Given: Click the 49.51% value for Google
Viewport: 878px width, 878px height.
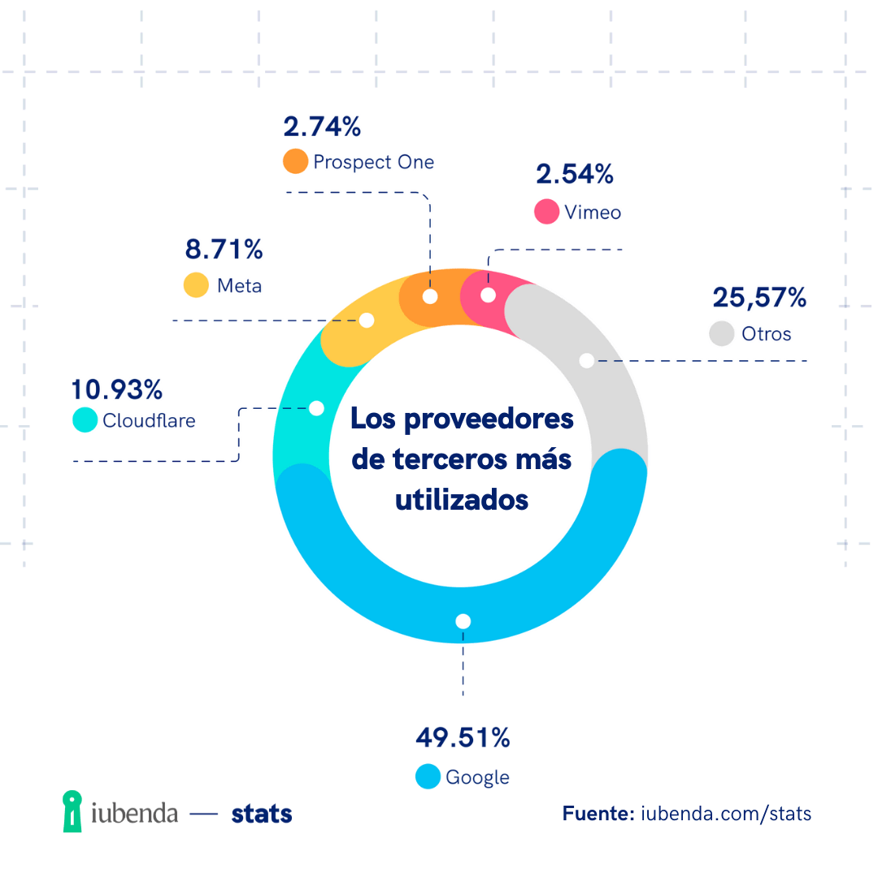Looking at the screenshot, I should point(463,738).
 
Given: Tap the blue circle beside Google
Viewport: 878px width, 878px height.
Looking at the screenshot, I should point(428,776).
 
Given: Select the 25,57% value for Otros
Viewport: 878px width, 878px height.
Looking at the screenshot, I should point(759,298).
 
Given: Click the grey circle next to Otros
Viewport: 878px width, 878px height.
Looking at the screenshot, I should point(721,333).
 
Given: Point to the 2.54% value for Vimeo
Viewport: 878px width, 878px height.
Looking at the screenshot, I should point(574,174).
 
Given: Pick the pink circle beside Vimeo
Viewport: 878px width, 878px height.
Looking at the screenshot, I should point(546,211).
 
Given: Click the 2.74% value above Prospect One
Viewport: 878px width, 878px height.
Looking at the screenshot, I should point(321,127).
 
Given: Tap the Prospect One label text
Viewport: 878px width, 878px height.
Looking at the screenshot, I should point(374,162).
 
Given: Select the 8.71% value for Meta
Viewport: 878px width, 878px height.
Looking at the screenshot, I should point(223,249).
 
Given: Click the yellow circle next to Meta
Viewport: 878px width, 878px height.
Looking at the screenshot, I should point(196,285).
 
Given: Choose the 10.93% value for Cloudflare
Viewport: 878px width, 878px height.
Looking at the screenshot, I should point(117,389).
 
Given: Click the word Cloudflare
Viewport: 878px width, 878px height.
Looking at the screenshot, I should point(149,420).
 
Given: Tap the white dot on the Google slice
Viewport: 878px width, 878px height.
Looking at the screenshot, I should point(463,621).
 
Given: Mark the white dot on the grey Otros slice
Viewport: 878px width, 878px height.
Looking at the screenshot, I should point(586,360).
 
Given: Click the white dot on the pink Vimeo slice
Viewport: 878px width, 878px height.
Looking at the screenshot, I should point(488,295).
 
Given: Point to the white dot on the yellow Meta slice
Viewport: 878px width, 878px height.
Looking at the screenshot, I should point(367,320).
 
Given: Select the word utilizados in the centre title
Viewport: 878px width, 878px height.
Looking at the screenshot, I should point(462,499).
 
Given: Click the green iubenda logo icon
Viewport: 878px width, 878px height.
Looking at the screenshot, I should point(73,811).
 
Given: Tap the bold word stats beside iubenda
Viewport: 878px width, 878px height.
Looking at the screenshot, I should point(262,813).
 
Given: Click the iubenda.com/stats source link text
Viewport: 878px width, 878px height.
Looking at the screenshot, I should point(726,813).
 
